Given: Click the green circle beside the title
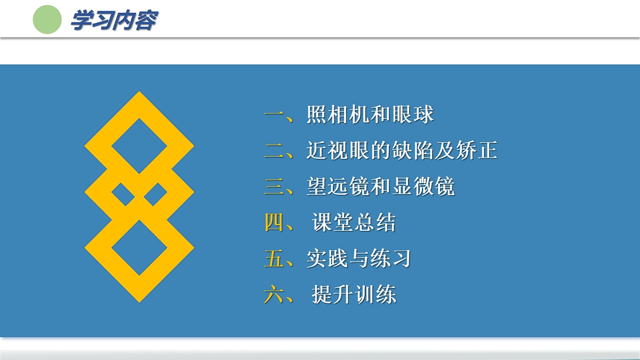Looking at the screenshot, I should click(47, 20).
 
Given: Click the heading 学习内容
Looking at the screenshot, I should click(114, 21).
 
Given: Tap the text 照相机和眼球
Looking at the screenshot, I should click(370, 115).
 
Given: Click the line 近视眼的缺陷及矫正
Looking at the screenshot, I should click(402, 151).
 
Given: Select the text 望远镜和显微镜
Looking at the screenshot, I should click(380, 187).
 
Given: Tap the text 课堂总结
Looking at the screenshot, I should click(354, 223).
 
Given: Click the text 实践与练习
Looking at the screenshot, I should click(359, 259).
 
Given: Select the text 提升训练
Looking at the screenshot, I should click(354, 294).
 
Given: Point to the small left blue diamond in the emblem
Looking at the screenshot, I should click(123, 195).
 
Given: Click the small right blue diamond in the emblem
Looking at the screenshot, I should click(155, 195).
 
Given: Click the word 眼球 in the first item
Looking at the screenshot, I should click(413, 115).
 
